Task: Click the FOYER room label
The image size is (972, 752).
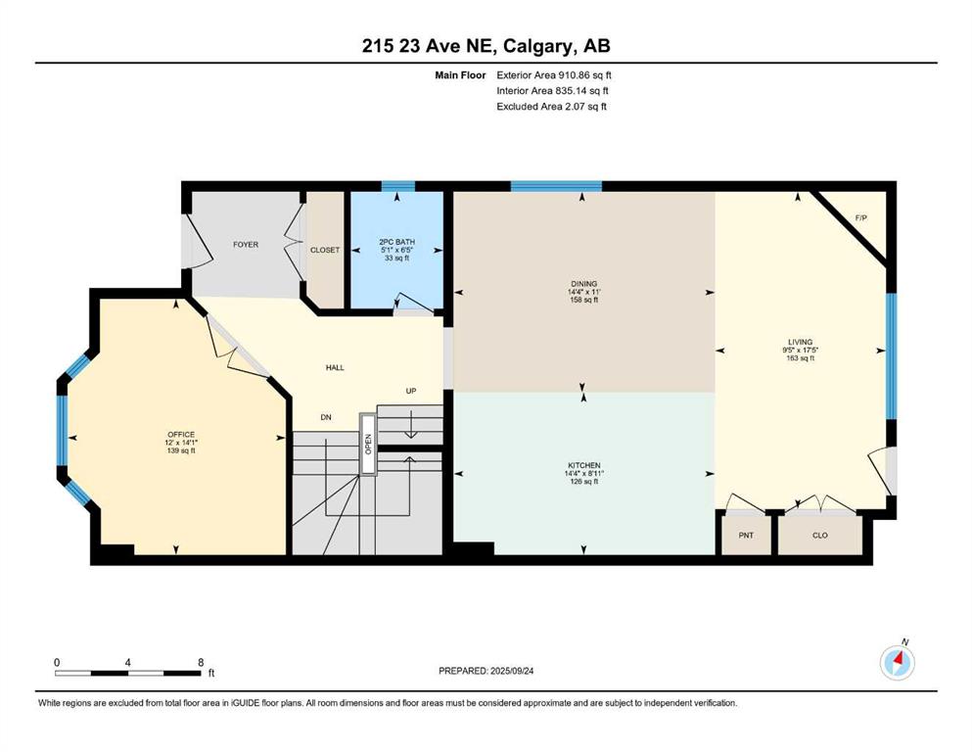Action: coord(246,245)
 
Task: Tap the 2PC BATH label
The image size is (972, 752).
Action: coord(396,242)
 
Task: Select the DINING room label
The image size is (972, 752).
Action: coord(584,284)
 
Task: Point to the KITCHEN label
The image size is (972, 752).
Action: coord(584,465)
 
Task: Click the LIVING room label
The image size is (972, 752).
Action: coord(801,342)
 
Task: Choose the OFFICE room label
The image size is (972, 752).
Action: coord(181,435)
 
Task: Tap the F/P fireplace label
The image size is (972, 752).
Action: coord(861,218)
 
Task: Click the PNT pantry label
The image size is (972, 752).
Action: coord(746,535)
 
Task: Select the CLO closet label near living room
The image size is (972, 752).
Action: coord(820,535)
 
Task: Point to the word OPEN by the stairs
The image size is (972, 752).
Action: coord(368,444)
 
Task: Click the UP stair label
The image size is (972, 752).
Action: coord(411,392)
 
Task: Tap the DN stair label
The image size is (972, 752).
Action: coord(326,417)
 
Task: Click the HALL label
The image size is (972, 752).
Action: coord(336,367)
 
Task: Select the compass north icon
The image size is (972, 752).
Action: coord(898,663)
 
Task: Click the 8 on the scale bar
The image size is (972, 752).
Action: coord(201,662)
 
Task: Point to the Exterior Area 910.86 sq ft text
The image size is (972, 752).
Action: coord(554,75)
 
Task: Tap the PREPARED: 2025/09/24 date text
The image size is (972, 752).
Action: coord(486,671)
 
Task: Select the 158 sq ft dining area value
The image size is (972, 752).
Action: coord(584,300)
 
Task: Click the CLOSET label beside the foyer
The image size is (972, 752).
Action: coord(325,250)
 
